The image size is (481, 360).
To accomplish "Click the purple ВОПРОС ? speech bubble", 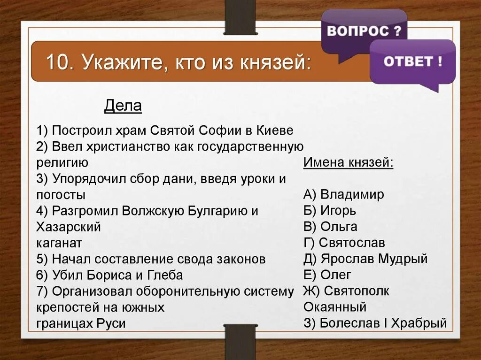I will [x=364, y=32].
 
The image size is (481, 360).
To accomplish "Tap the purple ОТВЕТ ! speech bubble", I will [x=412, y=62].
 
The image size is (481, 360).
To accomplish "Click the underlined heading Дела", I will [x=123, y=107].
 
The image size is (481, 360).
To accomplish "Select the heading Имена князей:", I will [x=348, y=162].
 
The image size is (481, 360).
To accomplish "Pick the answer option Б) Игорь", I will [x=329, y=210].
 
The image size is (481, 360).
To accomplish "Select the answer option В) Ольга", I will [x=330, y=227].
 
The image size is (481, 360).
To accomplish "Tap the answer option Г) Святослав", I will [x=344, y=243].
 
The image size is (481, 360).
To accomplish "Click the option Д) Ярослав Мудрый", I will [x=365, y=259].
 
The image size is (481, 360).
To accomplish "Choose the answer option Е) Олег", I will [x=327, y=275].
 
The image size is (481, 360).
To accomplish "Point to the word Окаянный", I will [x=334, y=307].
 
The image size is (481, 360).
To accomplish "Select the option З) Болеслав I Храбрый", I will [x=375, y=323].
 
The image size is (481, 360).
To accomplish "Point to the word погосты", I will [x=61, y=195].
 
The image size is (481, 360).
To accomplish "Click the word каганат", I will [x=59, y=243].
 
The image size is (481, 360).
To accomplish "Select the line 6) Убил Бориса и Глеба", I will [x=109, y=275].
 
